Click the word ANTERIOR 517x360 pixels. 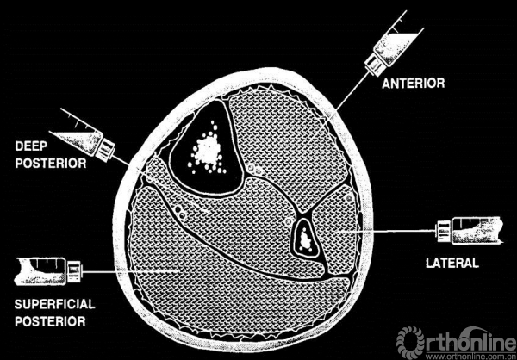click(x=413, y=83)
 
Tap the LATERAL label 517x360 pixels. click(x=452, y=263)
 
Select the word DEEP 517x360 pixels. click(x=31, y=146)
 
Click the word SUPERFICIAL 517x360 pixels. click(x=55, y=304)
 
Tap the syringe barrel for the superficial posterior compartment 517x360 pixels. click(x=40, y=271)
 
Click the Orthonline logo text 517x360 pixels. click(x=456, y=340)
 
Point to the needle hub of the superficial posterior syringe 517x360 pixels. click(x=74, y=271)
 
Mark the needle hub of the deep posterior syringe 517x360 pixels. click(x=105, y=151)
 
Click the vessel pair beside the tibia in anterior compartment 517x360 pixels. click(x=255, y=170)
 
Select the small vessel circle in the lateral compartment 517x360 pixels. click(x=347, y=198)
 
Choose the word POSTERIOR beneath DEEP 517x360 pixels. click(x=51, y=163)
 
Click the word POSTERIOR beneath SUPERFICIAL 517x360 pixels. click(x=50, y=321)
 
